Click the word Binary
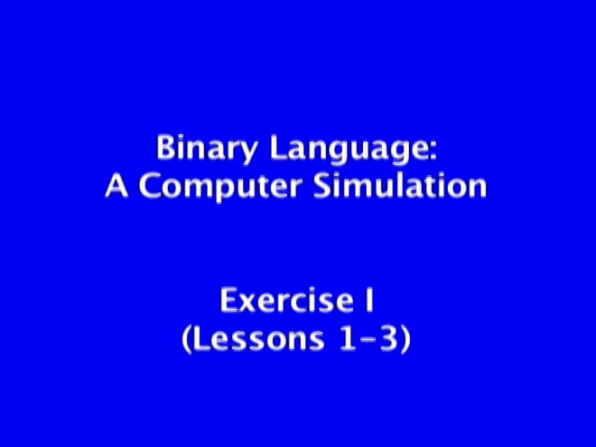pyautogui.click(x=207, y=148)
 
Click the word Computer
pyautogui.click(x=221, y=187)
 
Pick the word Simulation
pyautogui.click(x=400, y=185)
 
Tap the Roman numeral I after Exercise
pyautogui.click(x=369, y=300)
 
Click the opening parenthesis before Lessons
pyautogui.click(x=186, y=339)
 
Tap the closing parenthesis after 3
pyautogui.click(x=406, y=339)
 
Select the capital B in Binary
pyautogui.click(x=166, y=147)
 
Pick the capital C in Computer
pyautogui.click(x=149, y=185)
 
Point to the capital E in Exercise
pyautogui.click(x=228, y=300)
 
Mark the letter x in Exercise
pyautogui.click(x=248, y=304)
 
